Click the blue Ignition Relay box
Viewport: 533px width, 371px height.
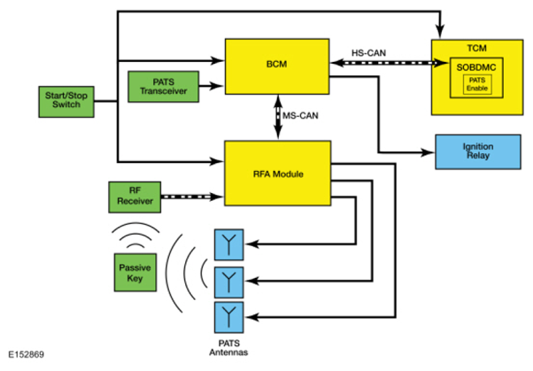point(477,151)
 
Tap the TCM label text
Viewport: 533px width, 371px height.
point(476,48)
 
